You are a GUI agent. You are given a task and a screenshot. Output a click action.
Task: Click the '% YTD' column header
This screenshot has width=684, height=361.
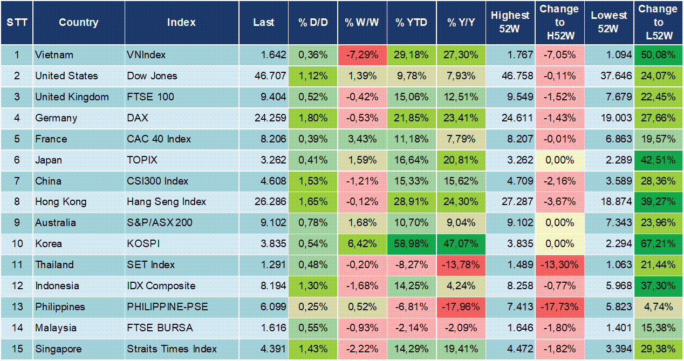(412, 22)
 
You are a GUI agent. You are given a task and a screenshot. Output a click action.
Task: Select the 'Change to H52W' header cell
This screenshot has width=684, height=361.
(559, 22)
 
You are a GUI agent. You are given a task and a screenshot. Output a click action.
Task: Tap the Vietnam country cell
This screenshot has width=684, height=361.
(54, 55)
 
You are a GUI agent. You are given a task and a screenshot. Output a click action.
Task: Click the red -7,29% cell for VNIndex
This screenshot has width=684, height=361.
(362, 55)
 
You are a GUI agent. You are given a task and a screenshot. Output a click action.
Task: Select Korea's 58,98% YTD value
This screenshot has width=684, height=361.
(412, 243)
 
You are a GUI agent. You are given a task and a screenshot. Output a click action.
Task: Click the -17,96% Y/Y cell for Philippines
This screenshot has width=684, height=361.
(461, 306)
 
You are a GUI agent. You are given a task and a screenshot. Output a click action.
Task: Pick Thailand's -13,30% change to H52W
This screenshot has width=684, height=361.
(559, 264)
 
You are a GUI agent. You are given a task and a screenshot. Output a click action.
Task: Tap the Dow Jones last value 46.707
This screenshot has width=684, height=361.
(270, 76)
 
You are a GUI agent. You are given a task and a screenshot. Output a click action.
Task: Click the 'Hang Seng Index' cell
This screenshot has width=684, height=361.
(166, 201)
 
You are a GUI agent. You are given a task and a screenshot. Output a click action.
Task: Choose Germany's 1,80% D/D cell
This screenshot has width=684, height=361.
(313, 118)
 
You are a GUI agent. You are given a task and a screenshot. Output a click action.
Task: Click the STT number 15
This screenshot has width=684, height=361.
(17, 349)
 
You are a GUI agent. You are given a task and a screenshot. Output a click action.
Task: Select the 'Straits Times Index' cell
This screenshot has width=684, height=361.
(172, 349)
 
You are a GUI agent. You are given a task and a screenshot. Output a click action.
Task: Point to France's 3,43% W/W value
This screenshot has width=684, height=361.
(362, 139)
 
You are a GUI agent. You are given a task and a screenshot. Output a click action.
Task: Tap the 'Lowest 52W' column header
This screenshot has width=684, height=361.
(608, 22)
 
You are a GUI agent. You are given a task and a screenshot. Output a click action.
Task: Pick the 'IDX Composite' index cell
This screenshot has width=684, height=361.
(161, 285)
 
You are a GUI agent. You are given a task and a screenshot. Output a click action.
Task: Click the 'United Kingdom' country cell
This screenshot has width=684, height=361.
(72, 97)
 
